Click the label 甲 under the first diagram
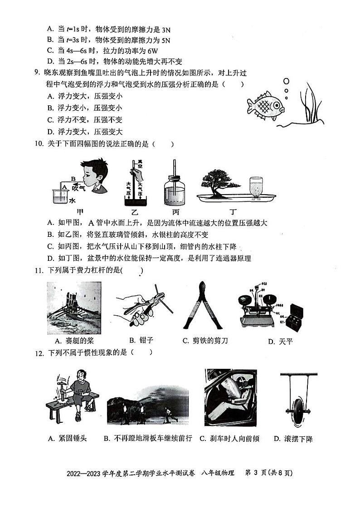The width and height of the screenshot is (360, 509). click(x=81, y=211)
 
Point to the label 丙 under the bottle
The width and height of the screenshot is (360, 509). click(x=175, y=211)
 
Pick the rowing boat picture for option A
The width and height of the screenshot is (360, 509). click(x=74, y=308)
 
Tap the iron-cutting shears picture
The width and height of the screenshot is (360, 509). click(x=203, y=306)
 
